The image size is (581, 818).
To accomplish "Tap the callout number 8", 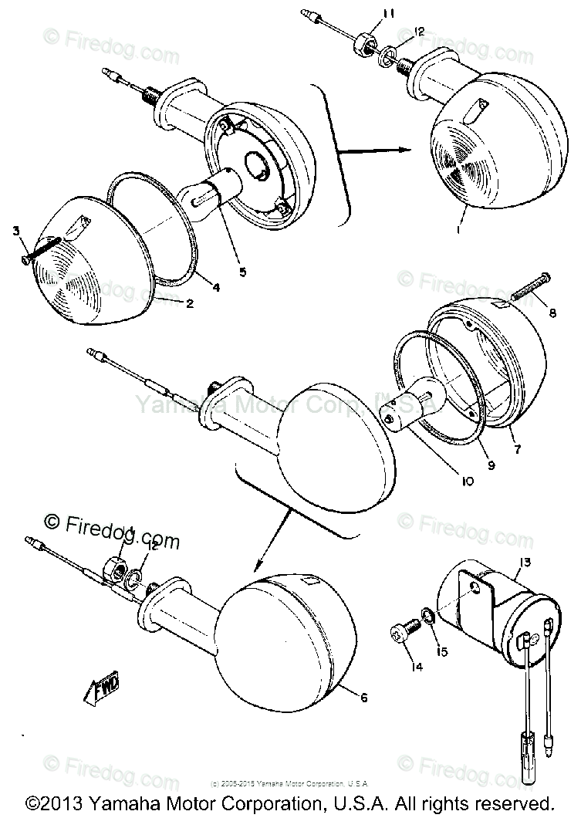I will click(552, 313).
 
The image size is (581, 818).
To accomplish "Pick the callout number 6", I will click(363, 698).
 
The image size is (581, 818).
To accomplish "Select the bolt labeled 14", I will click(402, 634).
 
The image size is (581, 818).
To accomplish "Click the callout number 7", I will click(515, 448).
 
